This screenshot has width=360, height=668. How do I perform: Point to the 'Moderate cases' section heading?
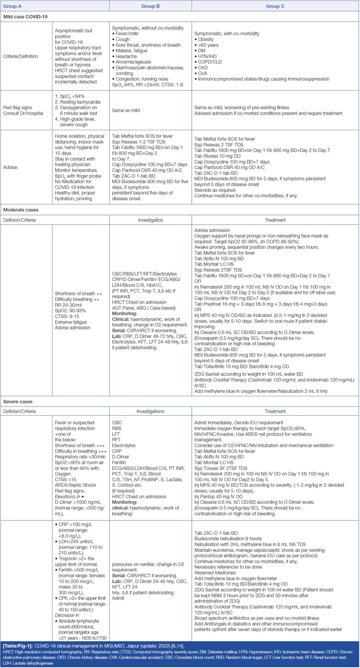click(x=22, y=210)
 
